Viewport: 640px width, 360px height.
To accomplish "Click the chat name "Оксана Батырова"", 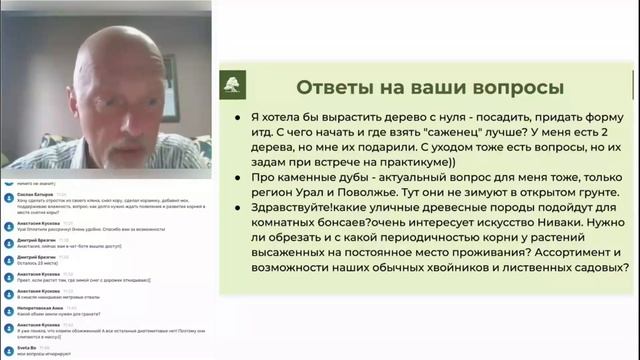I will click(x=34, y=195).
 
